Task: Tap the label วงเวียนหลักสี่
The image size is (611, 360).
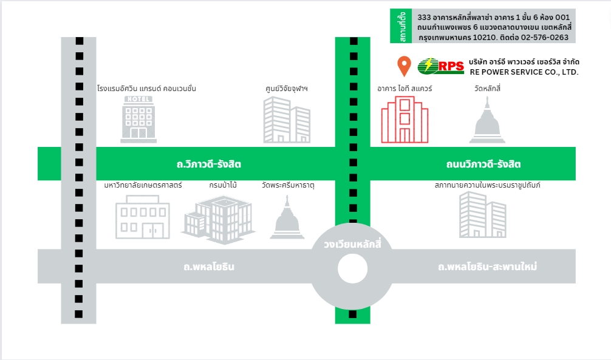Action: pyautogui.click(x=352, y=245)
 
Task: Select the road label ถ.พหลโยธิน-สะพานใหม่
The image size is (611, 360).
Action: pyautogui.click(x=487, y=267)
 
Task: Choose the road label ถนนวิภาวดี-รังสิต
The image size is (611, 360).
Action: pyautogui.click(x=483, y=165)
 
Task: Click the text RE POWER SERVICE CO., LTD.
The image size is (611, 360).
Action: pyautogui.click(x=524, y=72)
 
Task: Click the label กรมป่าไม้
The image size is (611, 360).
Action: pyautogui.click(x=222, y=185)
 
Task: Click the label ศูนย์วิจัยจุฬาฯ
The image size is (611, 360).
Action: pyautogui.click(x=287, y=89)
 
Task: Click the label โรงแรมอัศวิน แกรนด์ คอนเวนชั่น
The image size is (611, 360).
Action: pyautogui.click(x=146, y=89)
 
